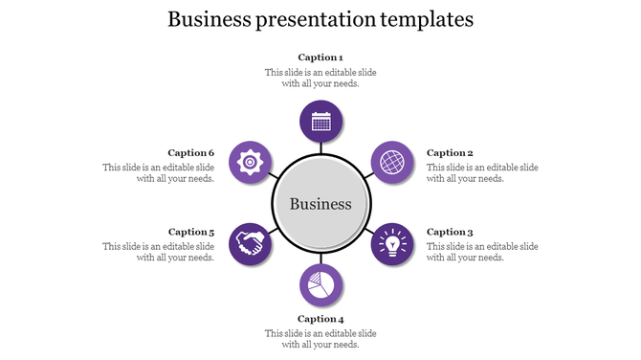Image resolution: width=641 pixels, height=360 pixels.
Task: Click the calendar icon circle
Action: (321, 122)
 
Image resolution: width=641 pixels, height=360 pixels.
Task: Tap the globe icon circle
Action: (391, 163)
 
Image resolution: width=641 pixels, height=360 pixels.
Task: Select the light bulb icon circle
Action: (391, 244)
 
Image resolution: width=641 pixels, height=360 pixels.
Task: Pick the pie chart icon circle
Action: (321, 285)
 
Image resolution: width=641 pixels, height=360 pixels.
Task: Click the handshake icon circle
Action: (251, 244)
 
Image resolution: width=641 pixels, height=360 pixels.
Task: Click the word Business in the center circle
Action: (320, 204)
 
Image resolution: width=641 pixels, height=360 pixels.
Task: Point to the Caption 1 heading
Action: (320, 57)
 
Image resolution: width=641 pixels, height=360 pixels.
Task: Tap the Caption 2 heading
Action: (450, 153)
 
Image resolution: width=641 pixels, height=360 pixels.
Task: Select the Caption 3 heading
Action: (450, 232)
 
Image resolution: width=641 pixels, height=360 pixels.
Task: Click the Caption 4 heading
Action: (320, 319)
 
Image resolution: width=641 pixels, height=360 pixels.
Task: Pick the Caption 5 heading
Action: (191, 232)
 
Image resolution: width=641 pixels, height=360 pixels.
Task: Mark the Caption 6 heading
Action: (191, 153)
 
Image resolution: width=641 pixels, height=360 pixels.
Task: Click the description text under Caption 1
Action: (320, 78)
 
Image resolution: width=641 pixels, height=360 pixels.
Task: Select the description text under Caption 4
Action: (320, 339)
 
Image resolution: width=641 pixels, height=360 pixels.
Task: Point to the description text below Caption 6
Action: (159, 172)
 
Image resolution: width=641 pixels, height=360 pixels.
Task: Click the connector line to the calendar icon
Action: (321, 146)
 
